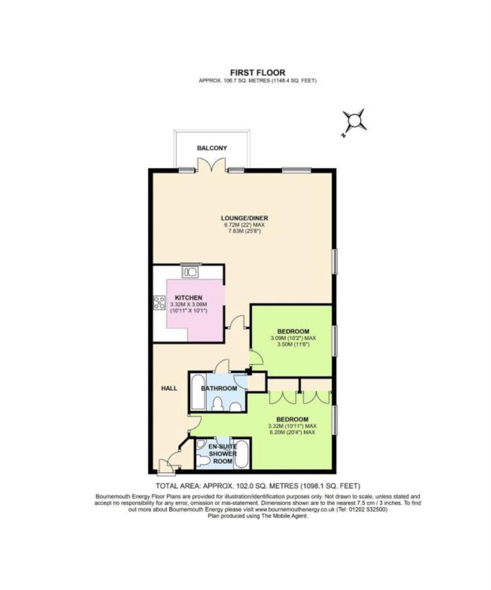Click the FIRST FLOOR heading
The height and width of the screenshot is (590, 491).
click(x=258, y=73)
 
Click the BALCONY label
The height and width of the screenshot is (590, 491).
click(x=212, y=148)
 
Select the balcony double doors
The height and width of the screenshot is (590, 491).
click(x=212, y=166)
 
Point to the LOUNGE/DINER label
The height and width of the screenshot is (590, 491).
click(x=244, y=218)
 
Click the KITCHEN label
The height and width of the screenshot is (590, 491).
click(x=188, y=298)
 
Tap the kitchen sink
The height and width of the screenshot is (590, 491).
click(x=189, y=272)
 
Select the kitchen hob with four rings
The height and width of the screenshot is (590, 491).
click(x=159, y=303)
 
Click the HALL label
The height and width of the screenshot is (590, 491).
click(x=169, y=388)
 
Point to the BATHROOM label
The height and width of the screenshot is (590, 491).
click(x=219, y=388)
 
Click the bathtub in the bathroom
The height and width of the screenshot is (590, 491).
click(x=198, y=393)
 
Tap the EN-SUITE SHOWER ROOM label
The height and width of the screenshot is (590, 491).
click(x=223, y=454)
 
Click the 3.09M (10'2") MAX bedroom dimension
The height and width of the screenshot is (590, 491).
click(x=293, y=338)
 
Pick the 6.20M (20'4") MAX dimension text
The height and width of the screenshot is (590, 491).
click(x=292, y=432)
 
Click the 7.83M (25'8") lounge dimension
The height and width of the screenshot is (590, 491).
click(x=244, y=231)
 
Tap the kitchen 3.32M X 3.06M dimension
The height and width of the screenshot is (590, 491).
click(x=189, y=304)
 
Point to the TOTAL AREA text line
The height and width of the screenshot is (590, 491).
click(x=258, y=486)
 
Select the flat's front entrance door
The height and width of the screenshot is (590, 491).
click(x=165, y=466)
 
